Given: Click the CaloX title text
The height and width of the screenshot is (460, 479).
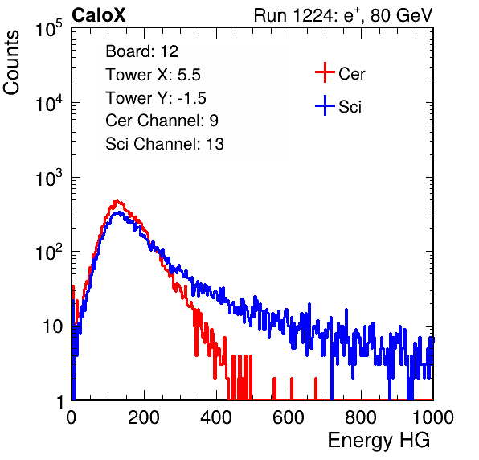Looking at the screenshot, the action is (x=98, y=15).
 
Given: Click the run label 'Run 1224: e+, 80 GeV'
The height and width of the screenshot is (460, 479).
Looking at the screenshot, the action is (x=343, y=15).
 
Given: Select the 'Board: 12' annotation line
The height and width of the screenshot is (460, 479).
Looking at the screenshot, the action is (x=141, y=51).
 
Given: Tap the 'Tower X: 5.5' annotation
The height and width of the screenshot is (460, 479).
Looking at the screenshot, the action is (x=153, y=75).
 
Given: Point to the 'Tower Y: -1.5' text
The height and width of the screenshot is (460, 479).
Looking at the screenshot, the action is (x=156, y=98).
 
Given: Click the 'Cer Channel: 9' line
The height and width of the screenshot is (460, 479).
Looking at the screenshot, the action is (x=162, y=121).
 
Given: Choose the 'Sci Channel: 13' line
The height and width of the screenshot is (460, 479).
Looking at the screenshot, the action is (x=165, y=144).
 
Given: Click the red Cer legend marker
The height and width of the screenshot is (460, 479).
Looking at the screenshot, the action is (x=325, y=72).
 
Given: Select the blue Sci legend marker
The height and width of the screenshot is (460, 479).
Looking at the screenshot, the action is (x=325, y=106).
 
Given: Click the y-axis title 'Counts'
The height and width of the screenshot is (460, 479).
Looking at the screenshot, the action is (x=11, y=62).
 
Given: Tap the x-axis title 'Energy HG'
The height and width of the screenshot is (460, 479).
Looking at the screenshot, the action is (x=379, y=441).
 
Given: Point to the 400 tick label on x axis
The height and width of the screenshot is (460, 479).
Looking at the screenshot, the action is (x=216, y=417).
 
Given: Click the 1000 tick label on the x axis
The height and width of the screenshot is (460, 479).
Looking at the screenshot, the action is (x=433, y=417).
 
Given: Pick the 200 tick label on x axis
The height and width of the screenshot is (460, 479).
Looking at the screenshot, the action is (x=144, y=417).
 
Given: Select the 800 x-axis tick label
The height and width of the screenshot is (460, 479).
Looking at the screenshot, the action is (x=361, y=417).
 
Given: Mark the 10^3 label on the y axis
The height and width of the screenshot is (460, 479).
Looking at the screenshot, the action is (x=49, y=178).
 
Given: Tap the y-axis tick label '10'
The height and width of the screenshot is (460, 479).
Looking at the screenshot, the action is (x=52, y=327).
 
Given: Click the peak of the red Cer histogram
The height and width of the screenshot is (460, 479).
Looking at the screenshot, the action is (x=117, y=201).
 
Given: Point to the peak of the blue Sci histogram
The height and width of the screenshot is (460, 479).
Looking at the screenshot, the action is (x=119, y=212).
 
